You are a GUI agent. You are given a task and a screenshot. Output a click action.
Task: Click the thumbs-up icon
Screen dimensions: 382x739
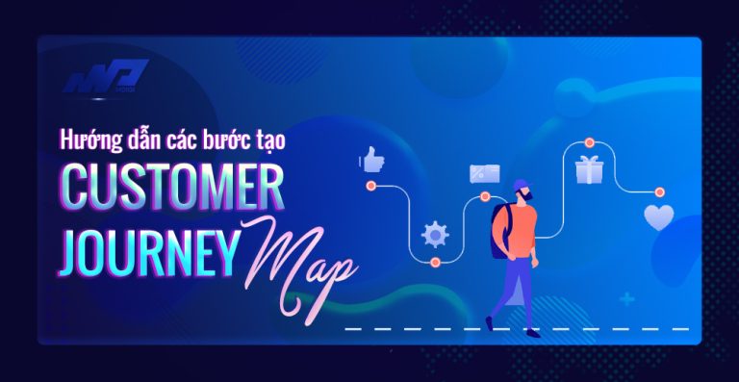pos(371,159)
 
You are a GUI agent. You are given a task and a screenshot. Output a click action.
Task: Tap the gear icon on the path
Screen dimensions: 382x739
pos(435,233)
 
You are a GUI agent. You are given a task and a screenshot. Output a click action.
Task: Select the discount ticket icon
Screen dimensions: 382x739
pos(483,172)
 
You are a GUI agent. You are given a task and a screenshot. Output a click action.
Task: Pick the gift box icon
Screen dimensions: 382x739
pos(589,170)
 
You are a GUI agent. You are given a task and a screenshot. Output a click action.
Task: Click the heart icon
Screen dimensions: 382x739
pos(659,217)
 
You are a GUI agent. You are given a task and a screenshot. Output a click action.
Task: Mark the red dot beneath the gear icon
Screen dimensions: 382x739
pos(435,261)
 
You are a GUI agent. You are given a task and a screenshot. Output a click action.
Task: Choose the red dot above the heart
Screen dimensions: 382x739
pos(659,191)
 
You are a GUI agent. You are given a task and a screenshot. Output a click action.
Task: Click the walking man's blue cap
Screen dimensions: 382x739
pos(521,185)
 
